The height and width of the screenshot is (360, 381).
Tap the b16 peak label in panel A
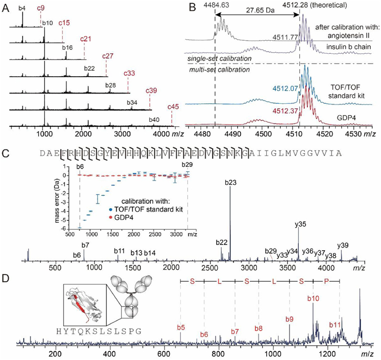pos(67,48)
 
